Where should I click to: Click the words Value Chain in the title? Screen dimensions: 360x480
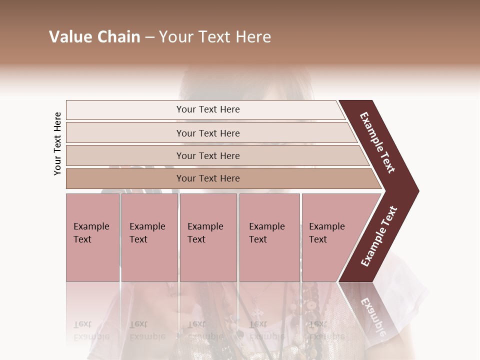[94, 37]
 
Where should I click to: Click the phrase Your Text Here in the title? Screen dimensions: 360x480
[215, 37]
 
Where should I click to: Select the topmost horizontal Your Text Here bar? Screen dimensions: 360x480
[208, 109]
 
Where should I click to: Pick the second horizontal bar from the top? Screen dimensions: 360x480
[208, 133]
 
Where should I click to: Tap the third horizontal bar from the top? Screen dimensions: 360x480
[208, 155]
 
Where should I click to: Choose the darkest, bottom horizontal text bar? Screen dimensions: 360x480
[208, 178]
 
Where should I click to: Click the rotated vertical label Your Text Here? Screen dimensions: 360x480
[57, 143]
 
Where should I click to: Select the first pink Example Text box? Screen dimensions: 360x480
[92, 237]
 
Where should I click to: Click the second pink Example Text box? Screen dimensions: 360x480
[149, 237]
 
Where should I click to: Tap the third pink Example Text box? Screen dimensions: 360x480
[208, 237]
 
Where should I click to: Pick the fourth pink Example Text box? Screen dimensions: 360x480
[269, 237]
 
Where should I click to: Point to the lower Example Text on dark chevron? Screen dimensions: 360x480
[379, 236]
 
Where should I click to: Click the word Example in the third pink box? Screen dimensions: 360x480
[205, 226]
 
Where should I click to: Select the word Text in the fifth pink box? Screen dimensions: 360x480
[317, 239]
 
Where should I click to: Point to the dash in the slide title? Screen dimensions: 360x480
[149, 37]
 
